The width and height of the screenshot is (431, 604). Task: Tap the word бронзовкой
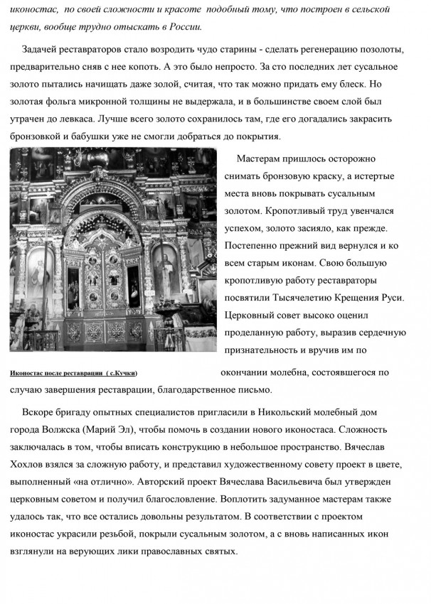click(x=42, y=136)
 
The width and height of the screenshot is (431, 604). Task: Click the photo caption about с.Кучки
click(x=75, y=373)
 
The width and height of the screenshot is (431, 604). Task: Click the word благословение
click(x=176, y=499)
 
